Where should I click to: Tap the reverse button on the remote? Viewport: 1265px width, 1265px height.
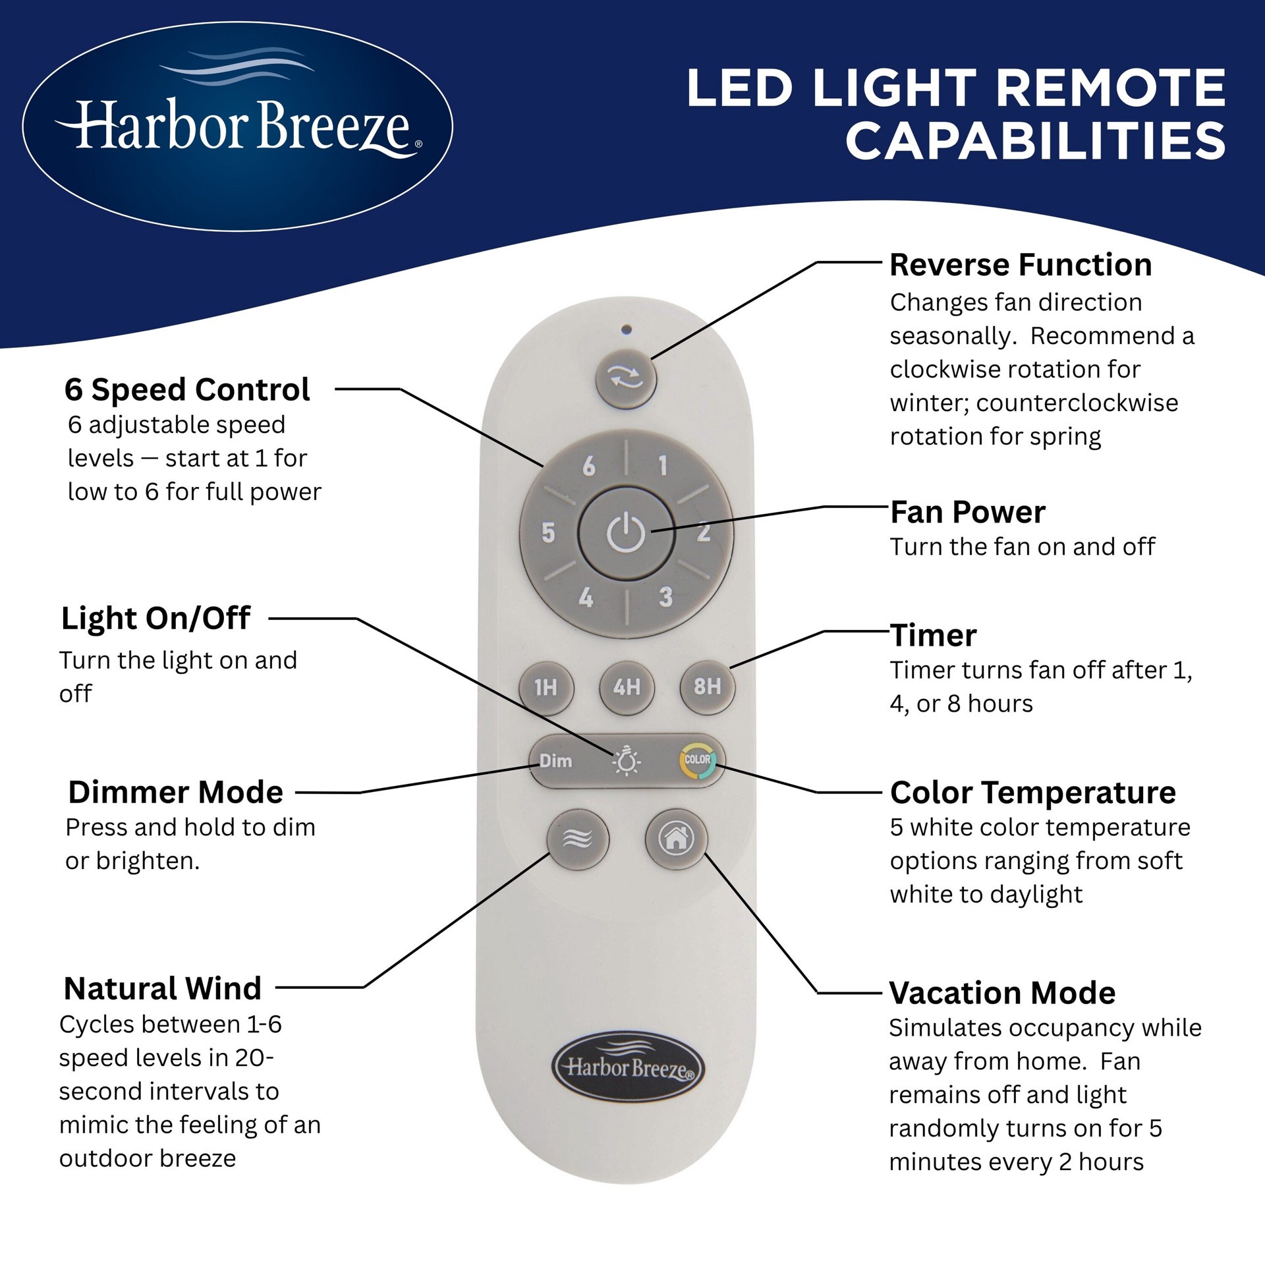pos(626,378)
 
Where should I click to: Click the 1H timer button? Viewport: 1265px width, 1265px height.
pos(546,688)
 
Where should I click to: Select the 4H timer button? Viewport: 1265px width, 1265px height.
pos(627,688)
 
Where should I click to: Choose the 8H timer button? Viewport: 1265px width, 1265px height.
pos(707,687)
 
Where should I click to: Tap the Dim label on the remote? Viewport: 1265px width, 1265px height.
pos(555,761)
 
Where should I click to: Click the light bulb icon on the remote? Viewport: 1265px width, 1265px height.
pos(626,761)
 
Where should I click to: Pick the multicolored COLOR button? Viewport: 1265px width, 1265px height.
pos(697,760)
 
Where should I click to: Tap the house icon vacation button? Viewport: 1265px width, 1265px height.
pos(676,839)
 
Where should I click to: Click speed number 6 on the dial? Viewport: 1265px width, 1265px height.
pos(589,466)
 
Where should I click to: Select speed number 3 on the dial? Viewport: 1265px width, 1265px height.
pos(665,597)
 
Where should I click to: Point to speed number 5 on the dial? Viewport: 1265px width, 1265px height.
pos(548,532)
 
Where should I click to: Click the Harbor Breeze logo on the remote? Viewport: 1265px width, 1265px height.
pos(627,1067)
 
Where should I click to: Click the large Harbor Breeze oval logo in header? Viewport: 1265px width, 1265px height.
pos(238,127)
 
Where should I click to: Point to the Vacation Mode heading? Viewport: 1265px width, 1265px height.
pos(1002,993)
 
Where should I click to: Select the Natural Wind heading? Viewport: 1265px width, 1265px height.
pos(163,988)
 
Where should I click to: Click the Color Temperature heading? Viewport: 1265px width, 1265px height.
pos(1032,792)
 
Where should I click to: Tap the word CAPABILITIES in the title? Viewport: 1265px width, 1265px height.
pos(1035,141)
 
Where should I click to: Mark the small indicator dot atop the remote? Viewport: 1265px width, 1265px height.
pos(627,329)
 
